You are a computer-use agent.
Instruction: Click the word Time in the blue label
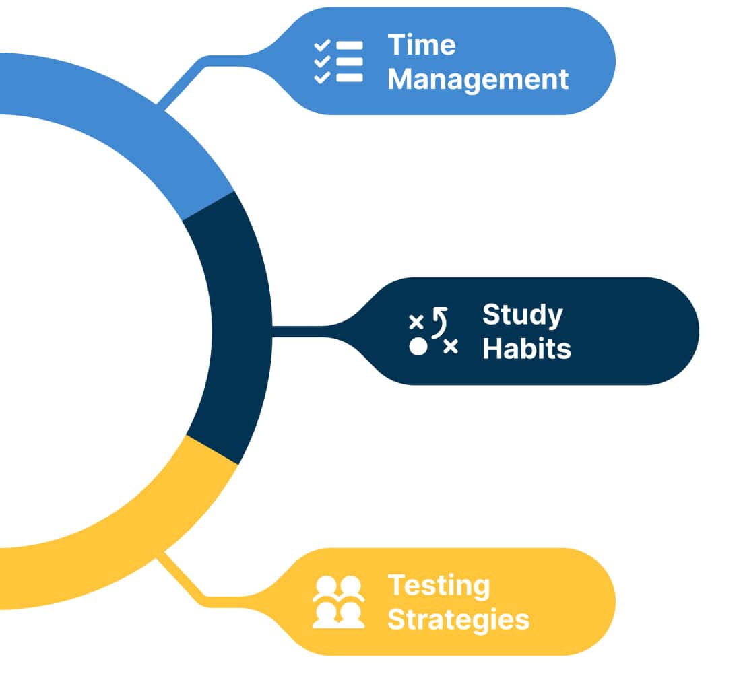coord(422,45)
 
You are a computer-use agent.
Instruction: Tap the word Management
coord(478,79)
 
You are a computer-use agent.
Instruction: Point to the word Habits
coord(527,349)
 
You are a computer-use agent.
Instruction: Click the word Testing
coord(439,586)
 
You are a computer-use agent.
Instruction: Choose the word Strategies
coord(458,620)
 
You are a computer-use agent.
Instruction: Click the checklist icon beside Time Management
coord(338,62)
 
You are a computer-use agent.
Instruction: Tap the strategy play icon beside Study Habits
coord(433,331)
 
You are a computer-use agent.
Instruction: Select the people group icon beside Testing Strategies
coord(338,602)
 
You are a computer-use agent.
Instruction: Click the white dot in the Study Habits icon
coord(418,346)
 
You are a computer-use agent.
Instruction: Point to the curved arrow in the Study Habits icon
coord(440,323)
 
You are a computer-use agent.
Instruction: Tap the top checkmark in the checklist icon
coord(322,45)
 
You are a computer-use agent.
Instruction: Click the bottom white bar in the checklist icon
coord(350,77)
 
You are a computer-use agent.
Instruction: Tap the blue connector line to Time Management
coord(199,71)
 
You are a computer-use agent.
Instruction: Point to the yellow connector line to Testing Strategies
coord(199,586)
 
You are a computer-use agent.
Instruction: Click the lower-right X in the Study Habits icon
coord(451,347)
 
